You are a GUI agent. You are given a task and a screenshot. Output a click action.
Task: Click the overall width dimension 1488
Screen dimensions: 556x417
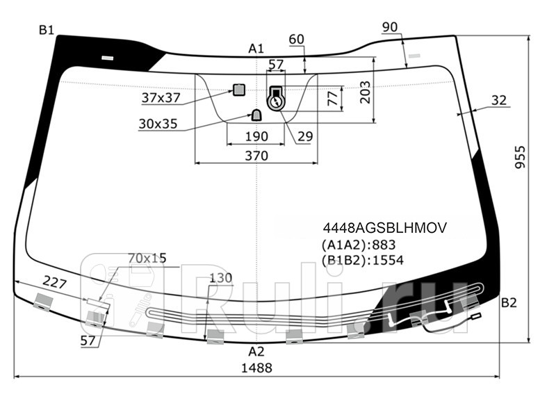coord(256,368)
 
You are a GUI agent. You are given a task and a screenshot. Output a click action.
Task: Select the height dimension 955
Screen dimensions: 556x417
coord(520,157)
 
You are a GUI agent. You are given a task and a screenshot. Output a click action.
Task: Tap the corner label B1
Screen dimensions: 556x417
coord(47,30)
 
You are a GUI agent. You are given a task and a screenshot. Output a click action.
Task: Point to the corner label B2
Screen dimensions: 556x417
coord(509,303)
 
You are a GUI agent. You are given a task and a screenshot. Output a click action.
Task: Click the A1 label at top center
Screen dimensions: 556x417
coord(256,48)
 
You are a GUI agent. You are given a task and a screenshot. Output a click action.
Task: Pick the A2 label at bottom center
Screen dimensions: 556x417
coord(256,352)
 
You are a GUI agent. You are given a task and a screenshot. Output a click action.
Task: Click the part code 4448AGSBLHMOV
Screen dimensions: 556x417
coord(385,228)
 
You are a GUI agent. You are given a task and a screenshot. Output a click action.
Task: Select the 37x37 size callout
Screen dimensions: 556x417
coord(161,97)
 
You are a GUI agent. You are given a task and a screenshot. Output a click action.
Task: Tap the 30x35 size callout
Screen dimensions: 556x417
coord(158,124)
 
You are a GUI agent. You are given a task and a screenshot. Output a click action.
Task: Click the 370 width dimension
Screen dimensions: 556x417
coord(256,156)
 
